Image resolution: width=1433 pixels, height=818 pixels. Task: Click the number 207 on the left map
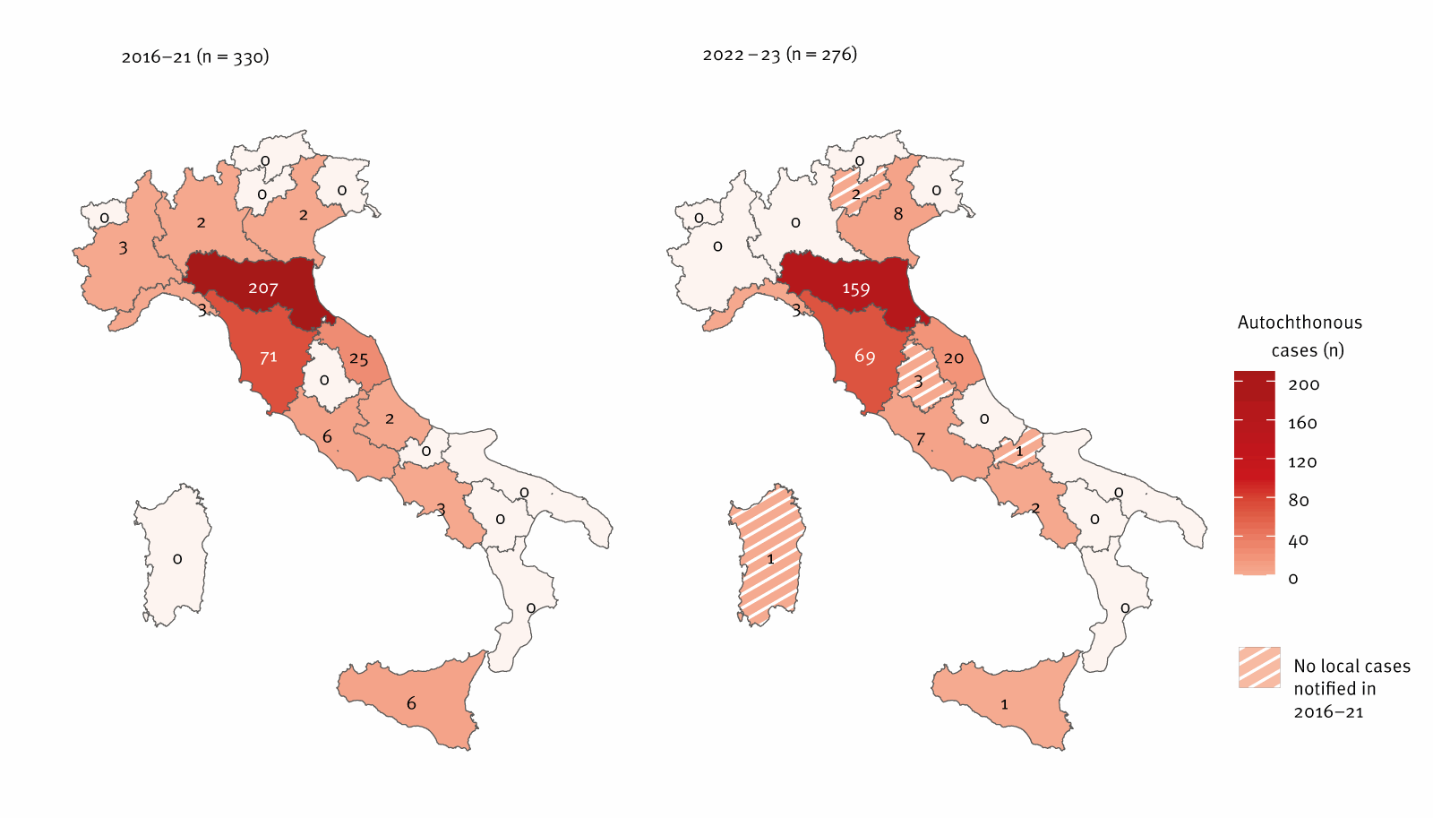point(262,288)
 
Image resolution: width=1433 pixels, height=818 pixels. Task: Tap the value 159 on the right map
point(855,289)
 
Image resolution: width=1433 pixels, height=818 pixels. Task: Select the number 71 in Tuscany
point(268,357)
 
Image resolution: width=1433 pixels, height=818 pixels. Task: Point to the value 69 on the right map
point(864,357)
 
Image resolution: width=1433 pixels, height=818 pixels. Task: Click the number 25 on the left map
point(358,359)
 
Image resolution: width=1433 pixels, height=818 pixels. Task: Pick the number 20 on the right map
point(953,358)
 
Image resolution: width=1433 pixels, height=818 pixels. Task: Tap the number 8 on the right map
point(898,214)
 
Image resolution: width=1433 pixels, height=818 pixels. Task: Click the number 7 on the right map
point(920,439)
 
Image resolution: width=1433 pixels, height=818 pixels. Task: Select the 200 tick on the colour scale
point(1303,384)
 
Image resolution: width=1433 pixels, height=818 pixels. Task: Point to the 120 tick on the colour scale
point(1302,462)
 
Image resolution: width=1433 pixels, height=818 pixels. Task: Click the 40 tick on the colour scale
point(1298,540)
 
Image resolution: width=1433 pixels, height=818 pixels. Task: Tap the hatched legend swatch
point(1259,667)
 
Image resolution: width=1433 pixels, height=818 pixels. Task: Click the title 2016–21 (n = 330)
point(195,56)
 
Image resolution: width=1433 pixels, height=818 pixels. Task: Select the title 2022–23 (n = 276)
point(779,55)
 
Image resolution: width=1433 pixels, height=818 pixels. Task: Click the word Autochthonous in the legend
point(1300,323)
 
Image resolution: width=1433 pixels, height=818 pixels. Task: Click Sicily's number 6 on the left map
point(411,703)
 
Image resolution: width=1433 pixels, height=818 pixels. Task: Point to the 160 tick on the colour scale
point(1302,423)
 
